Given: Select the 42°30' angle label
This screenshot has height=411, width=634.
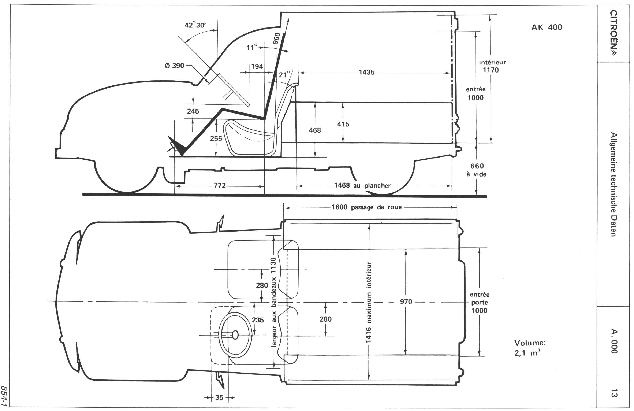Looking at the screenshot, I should (x=195, y=25).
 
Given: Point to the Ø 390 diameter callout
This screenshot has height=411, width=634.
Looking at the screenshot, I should (x=175, y=66).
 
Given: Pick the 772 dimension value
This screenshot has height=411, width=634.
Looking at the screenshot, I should (x=220, y=185).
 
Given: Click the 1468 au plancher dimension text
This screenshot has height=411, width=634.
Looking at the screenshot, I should (x=362, y=185).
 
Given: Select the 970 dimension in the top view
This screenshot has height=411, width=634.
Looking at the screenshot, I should (x=406, y=302).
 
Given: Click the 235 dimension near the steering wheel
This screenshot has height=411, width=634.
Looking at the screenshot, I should (x=258, y=320).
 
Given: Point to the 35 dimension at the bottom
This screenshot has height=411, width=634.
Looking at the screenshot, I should (x=219, y=397).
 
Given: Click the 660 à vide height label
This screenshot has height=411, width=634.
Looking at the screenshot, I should (x=477, y=170).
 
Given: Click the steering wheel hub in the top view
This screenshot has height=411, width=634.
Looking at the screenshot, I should (x=235, y=335).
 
